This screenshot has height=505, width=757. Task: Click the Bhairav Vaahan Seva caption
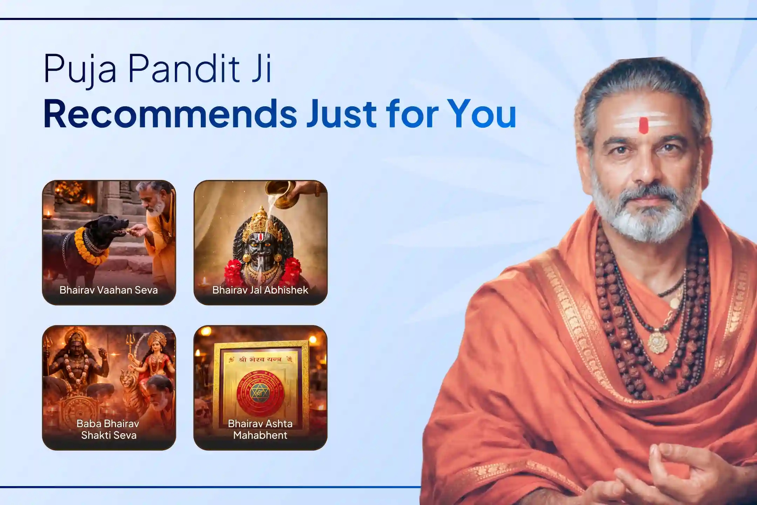coord(109,290)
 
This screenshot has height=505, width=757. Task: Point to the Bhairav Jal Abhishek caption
coord(260,290)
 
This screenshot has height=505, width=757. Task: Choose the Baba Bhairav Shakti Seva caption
coord(109,429)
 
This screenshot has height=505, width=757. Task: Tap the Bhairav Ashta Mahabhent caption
coord(260,429)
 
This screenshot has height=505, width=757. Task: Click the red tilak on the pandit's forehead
coord(643,125)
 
